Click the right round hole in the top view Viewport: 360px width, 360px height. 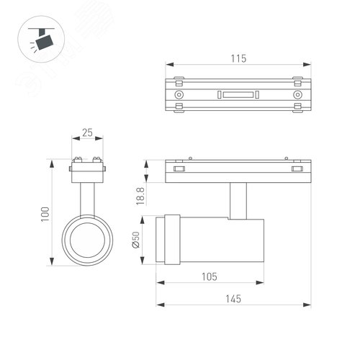[x=297, y=95]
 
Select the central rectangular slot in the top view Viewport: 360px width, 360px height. [x=238, y=95]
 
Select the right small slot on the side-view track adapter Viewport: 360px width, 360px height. [x=296, y=169]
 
